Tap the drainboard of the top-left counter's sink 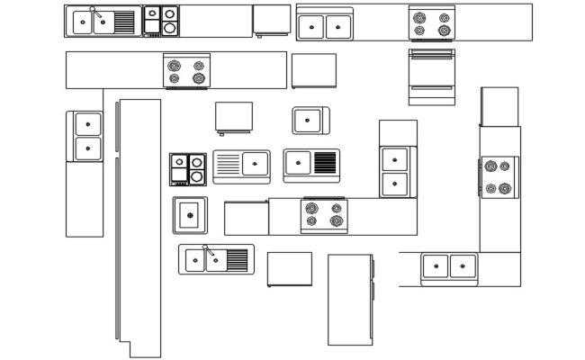(125, 22)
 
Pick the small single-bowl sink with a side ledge (310, 120)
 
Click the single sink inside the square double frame (190, 214)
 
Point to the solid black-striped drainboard (325, 163)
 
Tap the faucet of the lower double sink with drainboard (206, 248)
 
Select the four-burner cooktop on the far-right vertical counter (498, 177)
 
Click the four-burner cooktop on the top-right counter (432, 23)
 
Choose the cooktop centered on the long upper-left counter (187, 71)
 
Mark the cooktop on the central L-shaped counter (324, 214)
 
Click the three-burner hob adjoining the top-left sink (161, 20)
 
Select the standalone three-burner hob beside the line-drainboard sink (188, 169)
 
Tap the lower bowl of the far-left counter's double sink (87, 148)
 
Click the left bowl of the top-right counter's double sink (310, 27)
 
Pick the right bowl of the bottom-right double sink (463, 265)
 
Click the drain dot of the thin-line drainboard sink (255, 164)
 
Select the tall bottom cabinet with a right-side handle (350, 299)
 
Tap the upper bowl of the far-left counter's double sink (87, 124)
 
